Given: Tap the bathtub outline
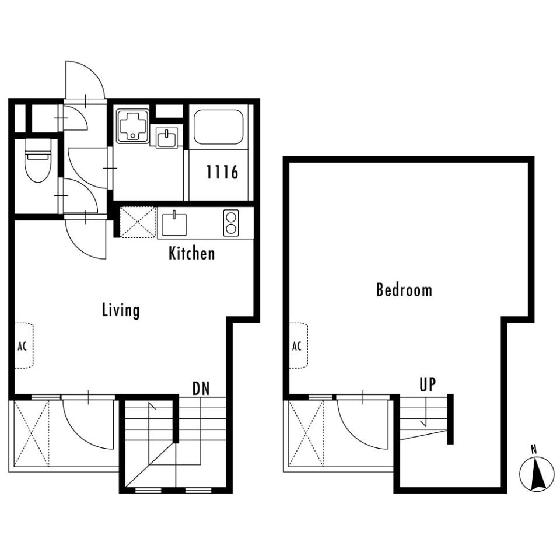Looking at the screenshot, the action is (219, 127).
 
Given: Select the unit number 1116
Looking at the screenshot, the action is (222, 172).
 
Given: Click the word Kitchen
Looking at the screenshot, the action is (192, 253).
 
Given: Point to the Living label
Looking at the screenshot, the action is (121, 310).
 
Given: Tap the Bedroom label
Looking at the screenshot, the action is (404, 290).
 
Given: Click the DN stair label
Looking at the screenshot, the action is (201, 388).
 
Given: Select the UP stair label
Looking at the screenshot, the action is (428, 384).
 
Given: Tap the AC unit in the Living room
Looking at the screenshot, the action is (23, 346).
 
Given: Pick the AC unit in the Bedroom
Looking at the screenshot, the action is (298, 346).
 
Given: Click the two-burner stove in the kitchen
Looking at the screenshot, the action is (231, 223).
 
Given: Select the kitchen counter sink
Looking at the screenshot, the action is (174, 224).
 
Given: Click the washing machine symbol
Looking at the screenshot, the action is (132, 126).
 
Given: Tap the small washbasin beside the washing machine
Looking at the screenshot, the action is (166, 136).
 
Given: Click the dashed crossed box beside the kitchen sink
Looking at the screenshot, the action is (138, 222).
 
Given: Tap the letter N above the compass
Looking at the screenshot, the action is (534, 449).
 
